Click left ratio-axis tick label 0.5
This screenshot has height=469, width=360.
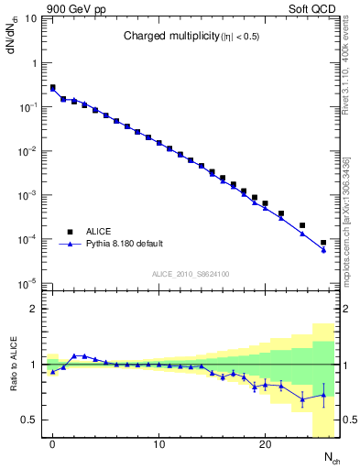click(30, 420)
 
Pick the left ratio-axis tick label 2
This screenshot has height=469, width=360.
click(36, 309)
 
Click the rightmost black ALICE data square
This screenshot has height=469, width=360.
click(323, 243)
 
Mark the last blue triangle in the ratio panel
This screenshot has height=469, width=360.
click(323, 396)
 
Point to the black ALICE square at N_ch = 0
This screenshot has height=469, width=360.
click(53, 88)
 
